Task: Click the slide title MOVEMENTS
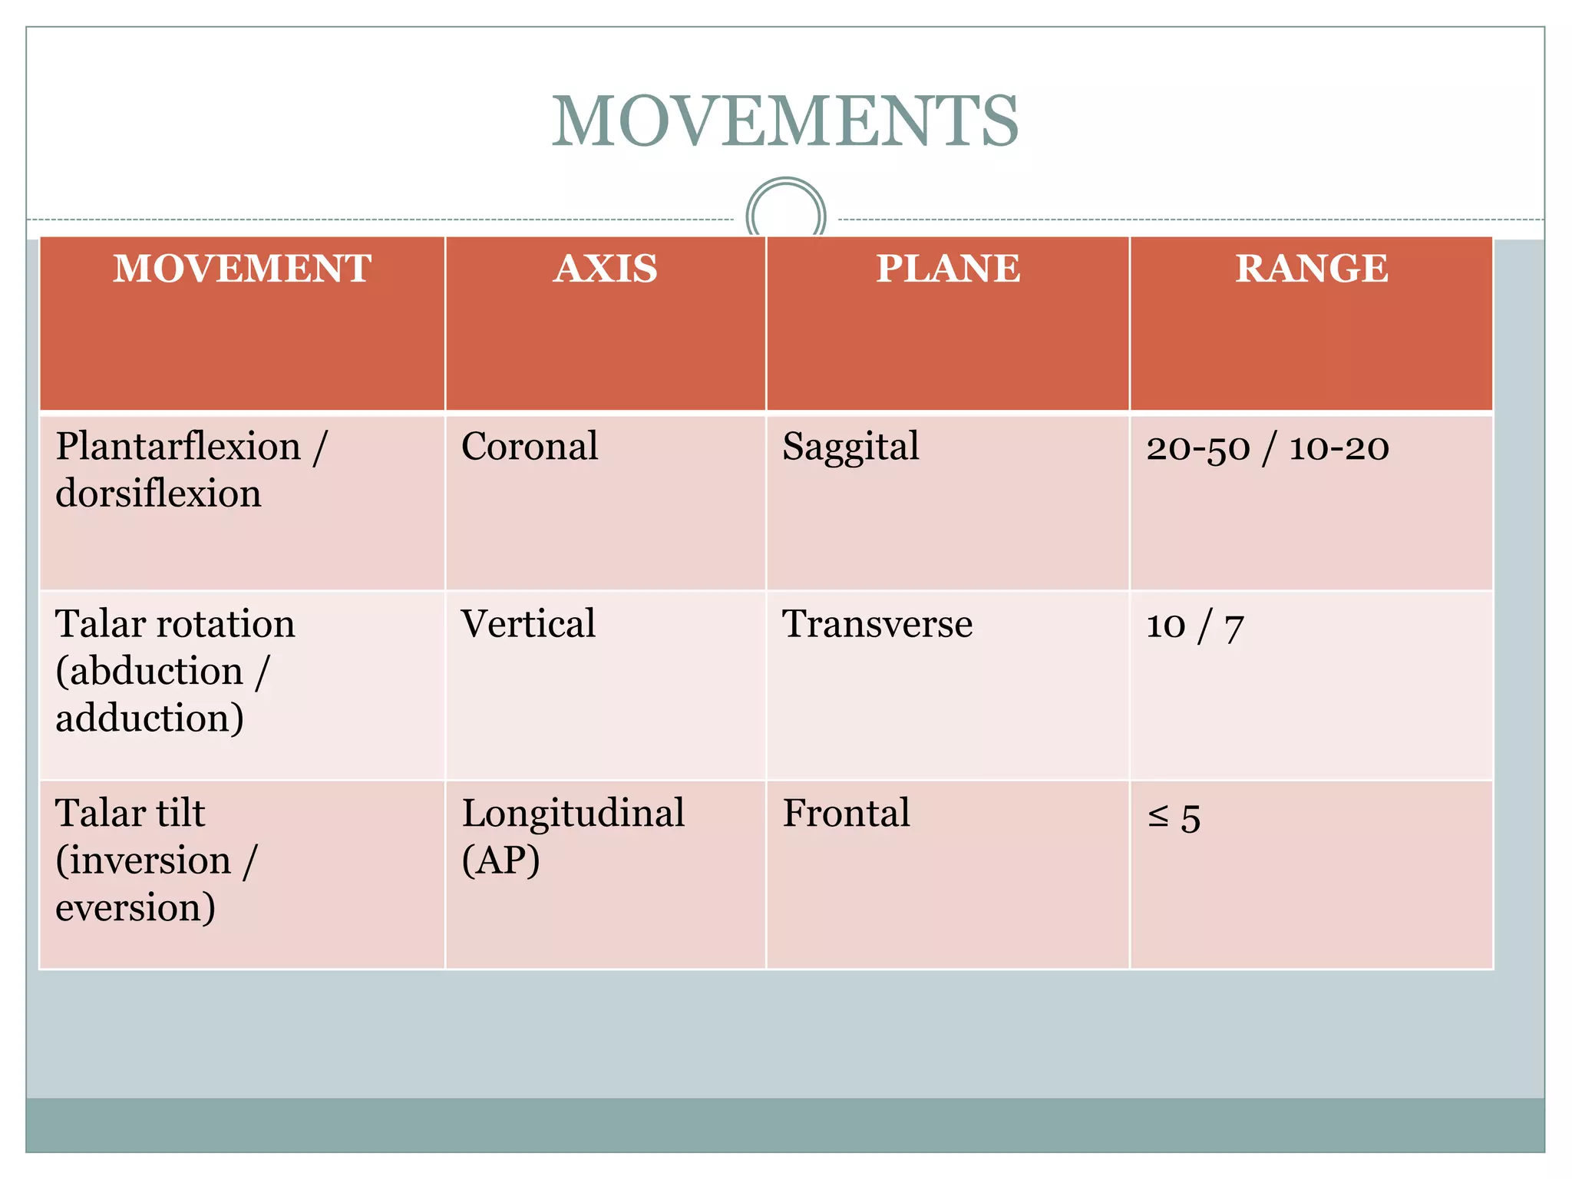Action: [785, 121]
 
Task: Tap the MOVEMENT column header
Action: [242, 269]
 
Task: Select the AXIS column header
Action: [606, 269]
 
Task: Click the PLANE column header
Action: [948, 269]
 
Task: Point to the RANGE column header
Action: [1311, 269]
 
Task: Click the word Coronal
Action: [529, 447]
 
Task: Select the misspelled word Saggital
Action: [850, 447]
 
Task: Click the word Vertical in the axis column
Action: [528, 623]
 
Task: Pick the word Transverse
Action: [877, 624]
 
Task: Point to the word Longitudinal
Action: [573, 814]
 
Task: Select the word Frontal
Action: [846, 814]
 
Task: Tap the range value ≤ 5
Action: [1174, 817]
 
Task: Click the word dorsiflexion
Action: [158, 494]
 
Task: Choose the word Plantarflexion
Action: [178, 447]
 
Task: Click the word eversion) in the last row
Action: [135, 908]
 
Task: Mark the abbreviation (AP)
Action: [500, 860]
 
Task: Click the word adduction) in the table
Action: [150, 718]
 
